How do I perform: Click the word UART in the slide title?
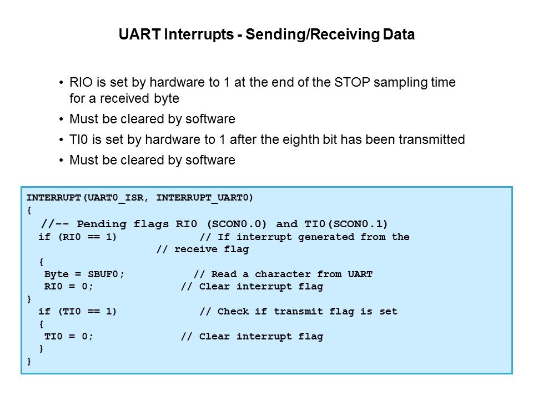(x=139, y=34)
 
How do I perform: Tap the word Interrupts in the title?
(x=199, y=34)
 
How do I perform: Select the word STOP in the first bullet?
(x=352, y=82)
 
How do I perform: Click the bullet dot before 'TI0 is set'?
(x=61, y=140)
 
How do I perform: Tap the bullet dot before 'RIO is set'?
(x=61, y=83)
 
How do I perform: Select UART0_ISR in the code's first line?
(x=115, y=198)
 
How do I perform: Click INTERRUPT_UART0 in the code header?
(x=203, y=198)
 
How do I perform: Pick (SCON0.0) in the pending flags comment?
(x=237, y=224)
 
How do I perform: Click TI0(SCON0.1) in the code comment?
(x=346, y=224)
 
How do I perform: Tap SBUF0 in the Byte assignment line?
(x=103, y=274)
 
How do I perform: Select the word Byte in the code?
(x=57, y=274)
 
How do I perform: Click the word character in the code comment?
(x=283, y=274)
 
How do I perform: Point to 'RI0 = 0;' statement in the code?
(x=69, y=287)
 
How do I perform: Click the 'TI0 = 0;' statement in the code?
(x=69, y=337)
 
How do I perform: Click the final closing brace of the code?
(x=29, y=361)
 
